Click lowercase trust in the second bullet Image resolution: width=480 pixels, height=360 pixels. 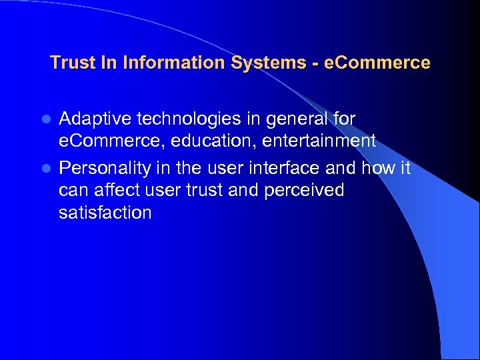[205, 191]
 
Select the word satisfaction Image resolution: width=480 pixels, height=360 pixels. [105, 213]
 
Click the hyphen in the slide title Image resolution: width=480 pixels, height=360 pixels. [314, 64]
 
